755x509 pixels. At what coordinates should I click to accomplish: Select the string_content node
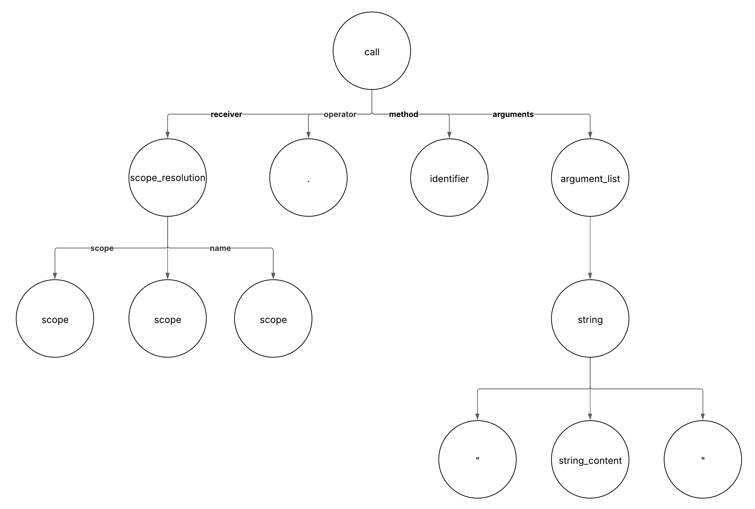coord(590,459)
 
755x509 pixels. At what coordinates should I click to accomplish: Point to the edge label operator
coord(340,114)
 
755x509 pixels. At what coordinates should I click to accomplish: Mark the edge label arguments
coord(513,114)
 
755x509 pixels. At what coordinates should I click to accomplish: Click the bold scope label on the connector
coord(102,248)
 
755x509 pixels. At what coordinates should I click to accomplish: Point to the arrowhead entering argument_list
coord(590,135)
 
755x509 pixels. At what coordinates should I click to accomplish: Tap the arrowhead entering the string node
coord(590,276)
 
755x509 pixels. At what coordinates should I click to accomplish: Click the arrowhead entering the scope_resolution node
coord(167,135)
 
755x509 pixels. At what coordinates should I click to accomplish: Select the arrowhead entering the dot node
coord(308,135)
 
